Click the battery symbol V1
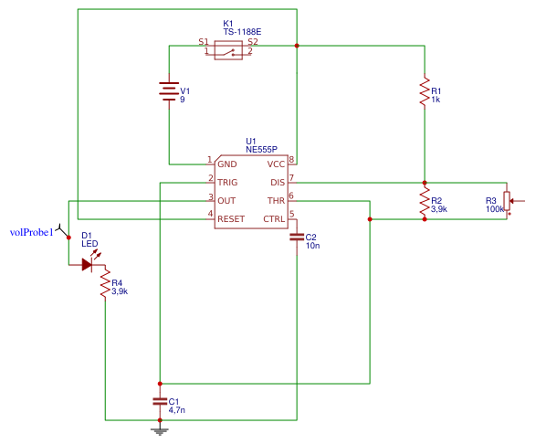click(169, 91)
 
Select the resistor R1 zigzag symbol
click(424, 91)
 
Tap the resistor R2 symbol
click(424, 200)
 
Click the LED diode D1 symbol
click(88, 264)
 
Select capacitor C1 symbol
click(160, 402)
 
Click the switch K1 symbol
click(228, 52)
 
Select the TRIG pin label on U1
click(227, 182)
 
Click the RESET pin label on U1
click(231, 218)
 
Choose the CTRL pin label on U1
click(275, 218)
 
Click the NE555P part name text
click(261, 148)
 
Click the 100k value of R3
click(495, 209)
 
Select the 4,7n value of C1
click(177, 411)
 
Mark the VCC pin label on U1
click(276, 164)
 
